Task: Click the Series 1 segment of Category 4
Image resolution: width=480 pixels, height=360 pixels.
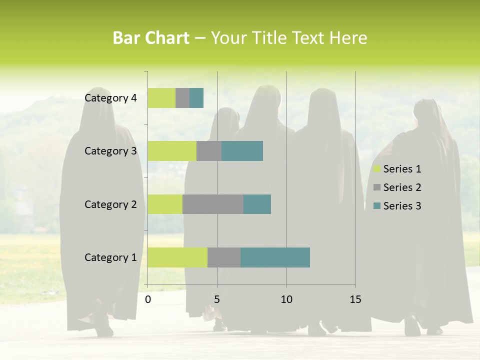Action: tap(161, 98)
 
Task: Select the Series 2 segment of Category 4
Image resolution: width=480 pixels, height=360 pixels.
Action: tap(182, 98)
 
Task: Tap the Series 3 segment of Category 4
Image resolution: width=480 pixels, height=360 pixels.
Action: tap(196, 98)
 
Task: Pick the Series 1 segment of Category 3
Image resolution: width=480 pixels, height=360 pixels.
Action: tap(172, 151)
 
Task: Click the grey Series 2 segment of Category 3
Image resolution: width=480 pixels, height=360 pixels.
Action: tap(209, 151)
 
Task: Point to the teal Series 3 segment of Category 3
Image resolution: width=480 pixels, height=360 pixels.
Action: tap(242, 151)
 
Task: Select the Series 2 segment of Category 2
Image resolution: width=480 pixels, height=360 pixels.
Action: tap(213, 204)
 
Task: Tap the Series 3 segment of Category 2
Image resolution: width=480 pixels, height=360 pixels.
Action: tap(257, 204)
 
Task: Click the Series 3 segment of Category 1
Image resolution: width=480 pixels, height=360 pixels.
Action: tap(275, 257)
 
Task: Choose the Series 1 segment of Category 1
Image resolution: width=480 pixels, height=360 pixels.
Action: tap(177, 257)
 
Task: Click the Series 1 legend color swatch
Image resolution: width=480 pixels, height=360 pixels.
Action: tap(377, 169)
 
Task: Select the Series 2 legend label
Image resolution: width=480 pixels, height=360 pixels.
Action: tap(402, 187)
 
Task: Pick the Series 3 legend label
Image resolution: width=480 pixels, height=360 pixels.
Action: tap(402, 206)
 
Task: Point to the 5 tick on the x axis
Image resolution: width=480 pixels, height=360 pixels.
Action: tap(217, 299)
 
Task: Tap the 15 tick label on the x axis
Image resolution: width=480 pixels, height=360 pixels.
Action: tap(355, 299)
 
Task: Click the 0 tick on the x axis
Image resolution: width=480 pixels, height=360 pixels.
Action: tap(148, 299)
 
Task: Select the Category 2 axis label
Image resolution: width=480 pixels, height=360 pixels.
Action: tap(110, 204)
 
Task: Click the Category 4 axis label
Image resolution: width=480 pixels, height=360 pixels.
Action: tap(110, 98)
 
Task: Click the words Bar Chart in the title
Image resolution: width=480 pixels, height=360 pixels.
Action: tap(151, 38)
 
